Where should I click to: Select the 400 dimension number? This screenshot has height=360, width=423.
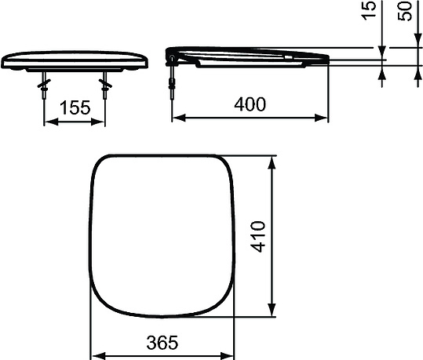250,104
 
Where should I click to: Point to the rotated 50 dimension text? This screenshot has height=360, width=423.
407,12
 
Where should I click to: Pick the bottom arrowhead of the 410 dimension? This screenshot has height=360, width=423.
272,311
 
